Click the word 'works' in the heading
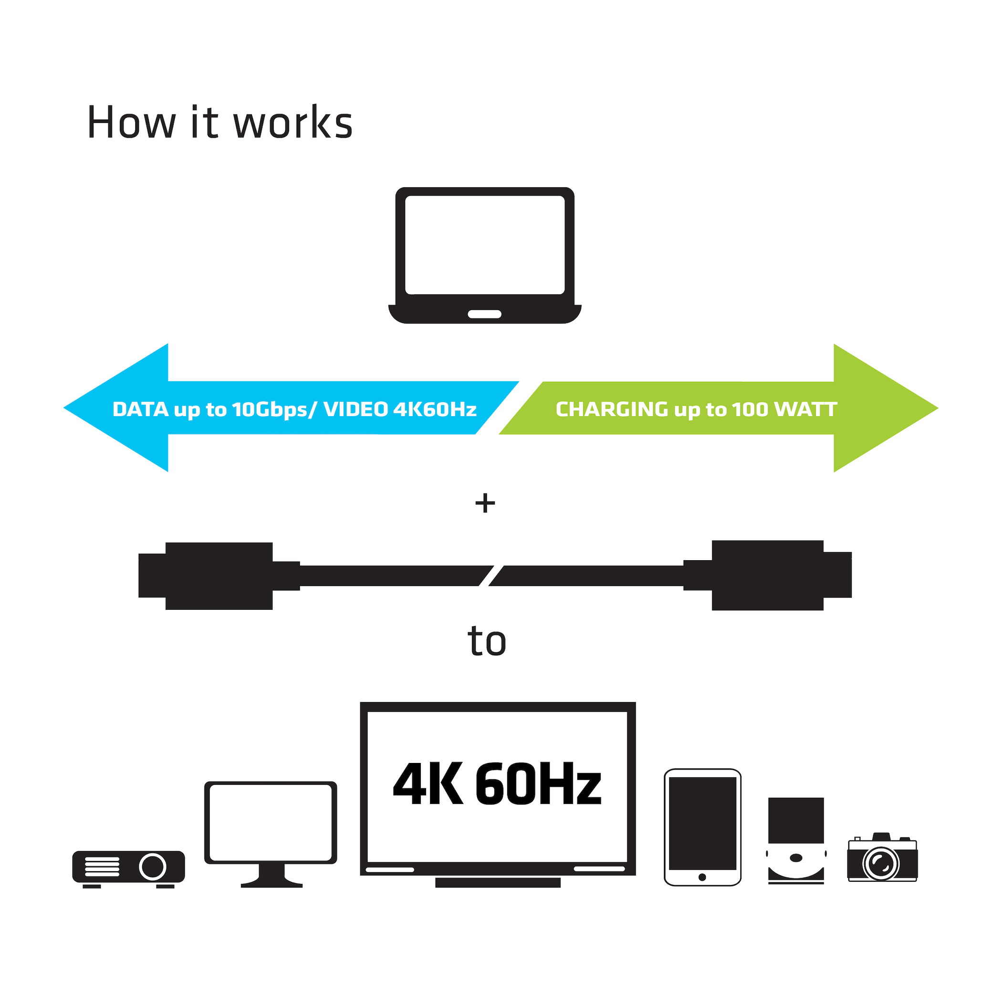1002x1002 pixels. click(293, 124)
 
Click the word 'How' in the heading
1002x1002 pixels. click(131, 124)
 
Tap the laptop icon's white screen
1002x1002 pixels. click(484, 245)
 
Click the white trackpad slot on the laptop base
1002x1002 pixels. click(484, 314)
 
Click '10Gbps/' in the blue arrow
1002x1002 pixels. click(274, 409)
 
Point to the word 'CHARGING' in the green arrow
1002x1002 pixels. click(612, 409)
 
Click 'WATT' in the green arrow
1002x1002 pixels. click(805, 409)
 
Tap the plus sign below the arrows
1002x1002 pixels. click(485, 503)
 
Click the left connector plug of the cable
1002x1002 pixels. click(208, 576)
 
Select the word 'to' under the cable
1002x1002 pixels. click(487, 642)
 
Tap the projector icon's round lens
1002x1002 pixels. click(153, 866)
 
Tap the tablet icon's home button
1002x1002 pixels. click(702, 877)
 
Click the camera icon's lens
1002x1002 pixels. click(880, 864)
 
